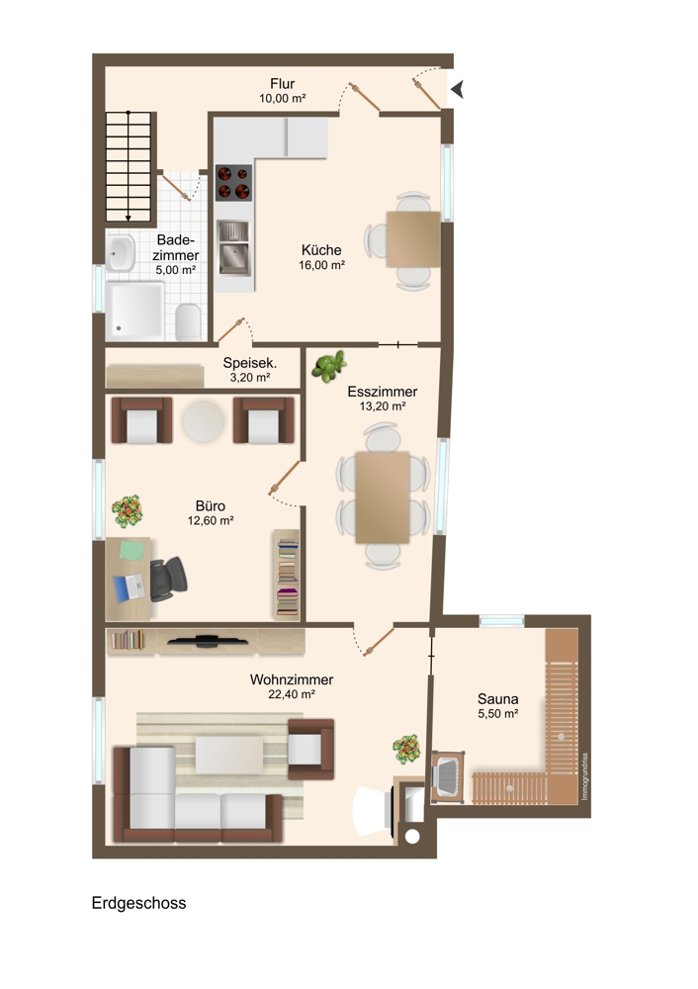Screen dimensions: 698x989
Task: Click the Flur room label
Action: [x=283, y=84]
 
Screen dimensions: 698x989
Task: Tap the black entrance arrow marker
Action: [x=457, y=90]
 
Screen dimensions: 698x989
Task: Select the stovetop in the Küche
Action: [x=233, y=183]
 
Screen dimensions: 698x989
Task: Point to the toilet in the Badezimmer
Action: [x=188, y=321]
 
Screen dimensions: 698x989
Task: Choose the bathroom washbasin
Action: [x=120, y=253]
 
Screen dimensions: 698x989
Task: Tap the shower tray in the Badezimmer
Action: [x=134, y=311]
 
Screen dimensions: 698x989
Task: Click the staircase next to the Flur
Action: [x=129, y=167]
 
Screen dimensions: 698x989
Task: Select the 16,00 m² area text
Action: [x=321, y=265]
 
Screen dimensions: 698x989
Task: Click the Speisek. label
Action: [x=250, y=363]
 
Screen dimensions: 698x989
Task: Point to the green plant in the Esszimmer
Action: [x=328, y=367]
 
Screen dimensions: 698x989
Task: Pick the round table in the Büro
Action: [x=204, y=421]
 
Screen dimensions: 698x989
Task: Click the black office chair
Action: [x=168, y=579]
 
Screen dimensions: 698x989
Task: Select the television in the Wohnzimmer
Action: [x=208, y=642]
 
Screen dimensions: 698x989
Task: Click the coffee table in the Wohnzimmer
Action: [x=229, y=755]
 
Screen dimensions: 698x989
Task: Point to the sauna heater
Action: [x=448, y=776]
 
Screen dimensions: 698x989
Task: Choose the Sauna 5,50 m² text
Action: [x=498, y=706]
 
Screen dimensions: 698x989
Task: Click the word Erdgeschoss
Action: [x=138, y=903]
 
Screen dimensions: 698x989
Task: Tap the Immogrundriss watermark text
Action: [x=584, y=776]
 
